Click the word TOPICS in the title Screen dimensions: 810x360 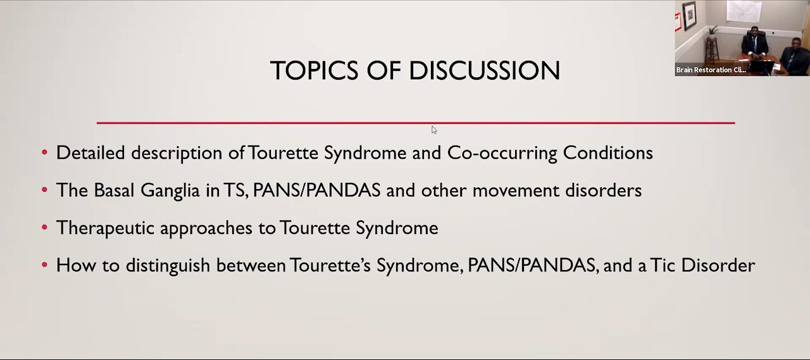coord(314,70)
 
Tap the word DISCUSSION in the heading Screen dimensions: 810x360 coord(485,70)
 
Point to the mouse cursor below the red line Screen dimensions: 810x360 coord(434,130)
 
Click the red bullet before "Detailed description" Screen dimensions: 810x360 coord(44,152)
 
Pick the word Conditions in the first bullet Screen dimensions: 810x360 coord(608,152)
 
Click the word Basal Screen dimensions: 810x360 coord(114,190)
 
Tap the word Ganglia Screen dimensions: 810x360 coord(170,191)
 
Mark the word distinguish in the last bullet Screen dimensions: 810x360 coord(168,266)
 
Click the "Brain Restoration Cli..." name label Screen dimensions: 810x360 coord(711,70)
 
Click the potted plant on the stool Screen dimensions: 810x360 coord(713,32)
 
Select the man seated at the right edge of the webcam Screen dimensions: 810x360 coord(794,56)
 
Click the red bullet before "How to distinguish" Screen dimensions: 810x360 coord(44,265)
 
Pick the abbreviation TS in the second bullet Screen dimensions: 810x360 coord(235,190)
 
